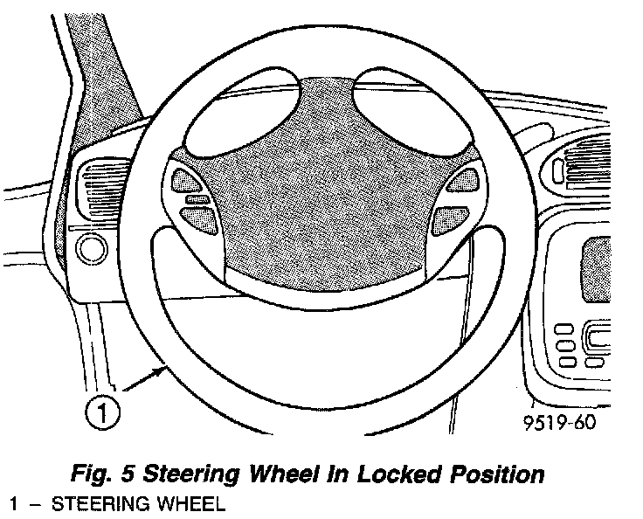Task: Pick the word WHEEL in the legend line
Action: [187, 504]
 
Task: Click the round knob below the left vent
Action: [90, 251]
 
